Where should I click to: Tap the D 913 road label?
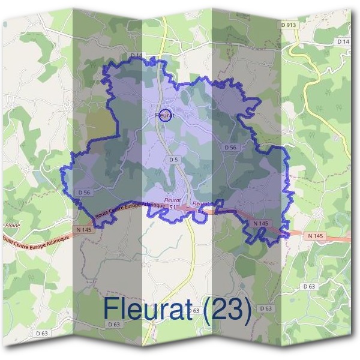289,25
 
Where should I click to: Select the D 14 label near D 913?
343,41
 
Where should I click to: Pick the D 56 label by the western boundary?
84,192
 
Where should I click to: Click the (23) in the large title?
226,309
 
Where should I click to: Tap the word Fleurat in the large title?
150,309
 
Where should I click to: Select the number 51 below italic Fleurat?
173,207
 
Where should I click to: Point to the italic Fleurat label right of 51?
202,203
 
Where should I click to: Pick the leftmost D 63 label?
41,332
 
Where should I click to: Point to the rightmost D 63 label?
310,287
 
